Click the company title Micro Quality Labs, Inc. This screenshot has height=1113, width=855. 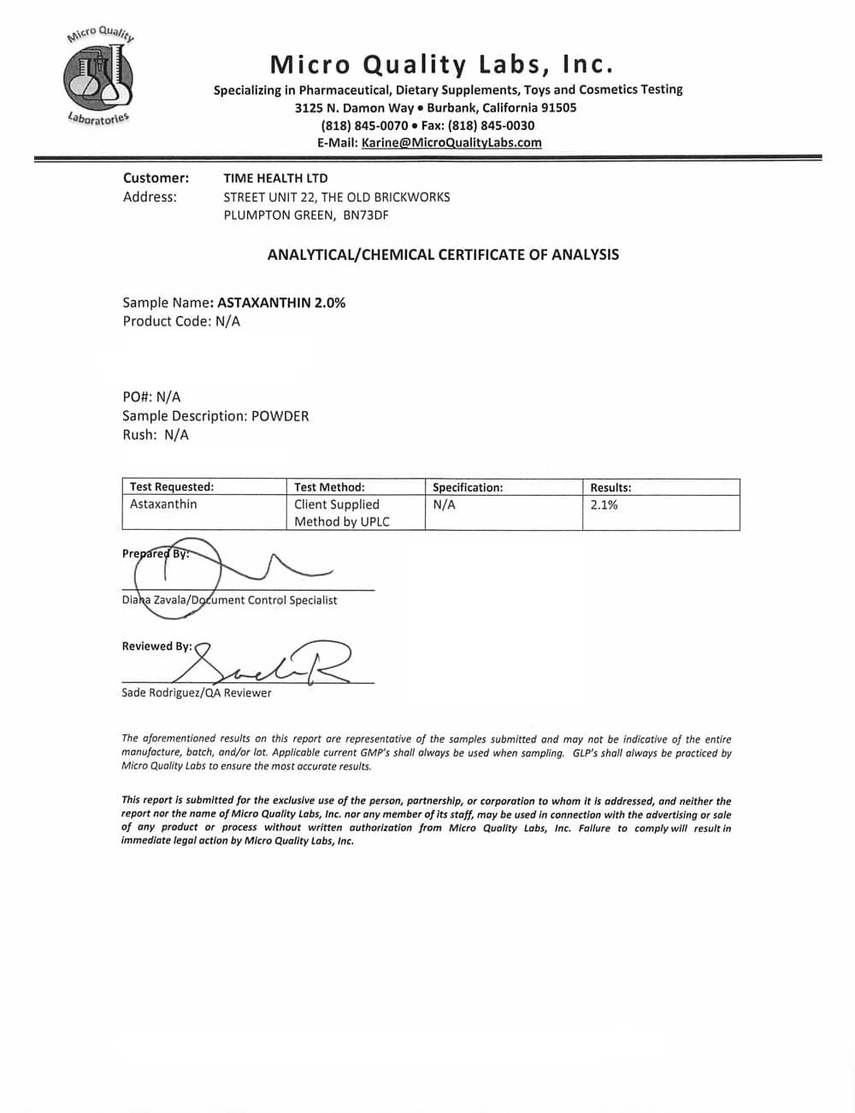441,64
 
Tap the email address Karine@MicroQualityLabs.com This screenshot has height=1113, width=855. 451,143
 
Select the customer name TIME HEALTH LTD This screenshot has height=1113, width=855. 275,178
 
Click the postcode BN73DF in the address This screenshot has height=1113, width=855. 365,215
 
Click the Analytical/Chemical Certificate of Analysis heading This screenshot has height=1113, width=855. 443,254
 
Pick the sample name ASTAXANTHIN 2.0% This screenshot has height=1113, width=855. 281,303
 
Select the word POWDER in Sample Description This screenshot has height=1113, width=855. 280,416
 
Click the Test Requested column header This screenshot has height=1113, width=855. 172,487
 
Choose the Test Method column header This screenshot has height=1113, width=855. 329,487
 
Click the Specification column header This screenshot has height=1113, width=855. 468,487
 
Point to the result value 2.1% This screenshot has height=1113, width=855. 604,504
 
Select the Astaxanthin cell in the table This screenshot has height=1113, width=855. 163,504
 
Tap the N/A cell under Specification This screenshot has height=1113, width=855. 444,504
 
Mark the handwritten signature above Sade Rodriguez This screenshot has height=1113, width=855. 265,662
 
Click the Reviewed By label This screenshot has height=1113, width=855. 156,646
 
